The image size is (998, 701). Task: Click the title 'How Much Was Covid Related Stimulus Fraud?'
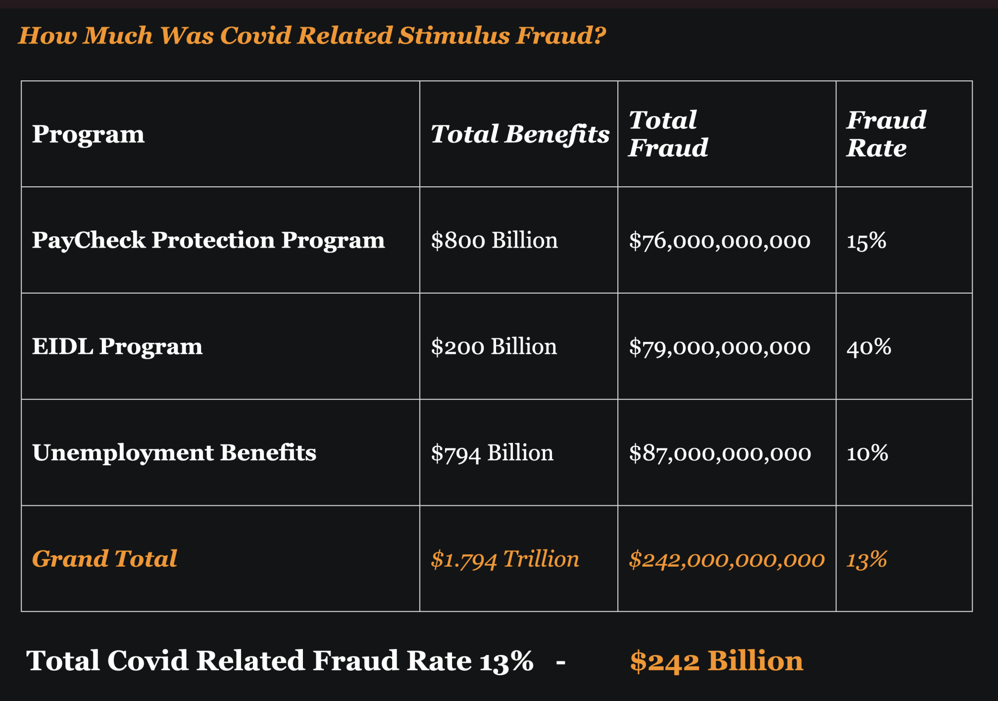click(x=312, y=36)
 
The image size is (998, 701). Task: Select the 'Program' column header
click(x=88, y=134)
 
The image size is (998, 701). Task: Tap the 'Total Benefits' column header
click(x=520, y=134)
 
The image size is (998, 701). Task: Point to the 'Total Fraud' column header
click(x=668, y=134)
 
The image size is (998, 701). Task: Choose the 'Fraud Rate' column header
click(x=886, y=134)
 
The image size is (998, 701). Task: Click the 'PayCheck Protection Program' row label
click(x=209, y=240)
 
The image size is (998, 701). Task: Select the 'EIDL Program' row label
click(x=117, y=347)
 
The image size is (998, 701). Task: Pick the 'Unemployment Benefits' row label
click(x=174, y=453)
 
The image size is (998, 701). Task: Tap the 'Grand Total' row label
click(x=104, y=559)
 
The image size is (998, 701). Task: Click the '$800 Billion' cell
click(x=494, y=241)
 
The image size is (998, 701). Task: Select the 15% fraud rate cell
click(x=866, y=241)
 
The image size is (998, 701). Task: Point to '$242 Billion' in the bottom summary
click(x=717, y=661)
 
